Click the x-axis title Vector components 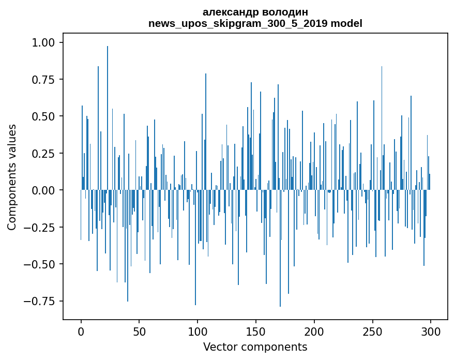[255, 347]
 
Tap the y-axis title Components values [12, 177]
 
